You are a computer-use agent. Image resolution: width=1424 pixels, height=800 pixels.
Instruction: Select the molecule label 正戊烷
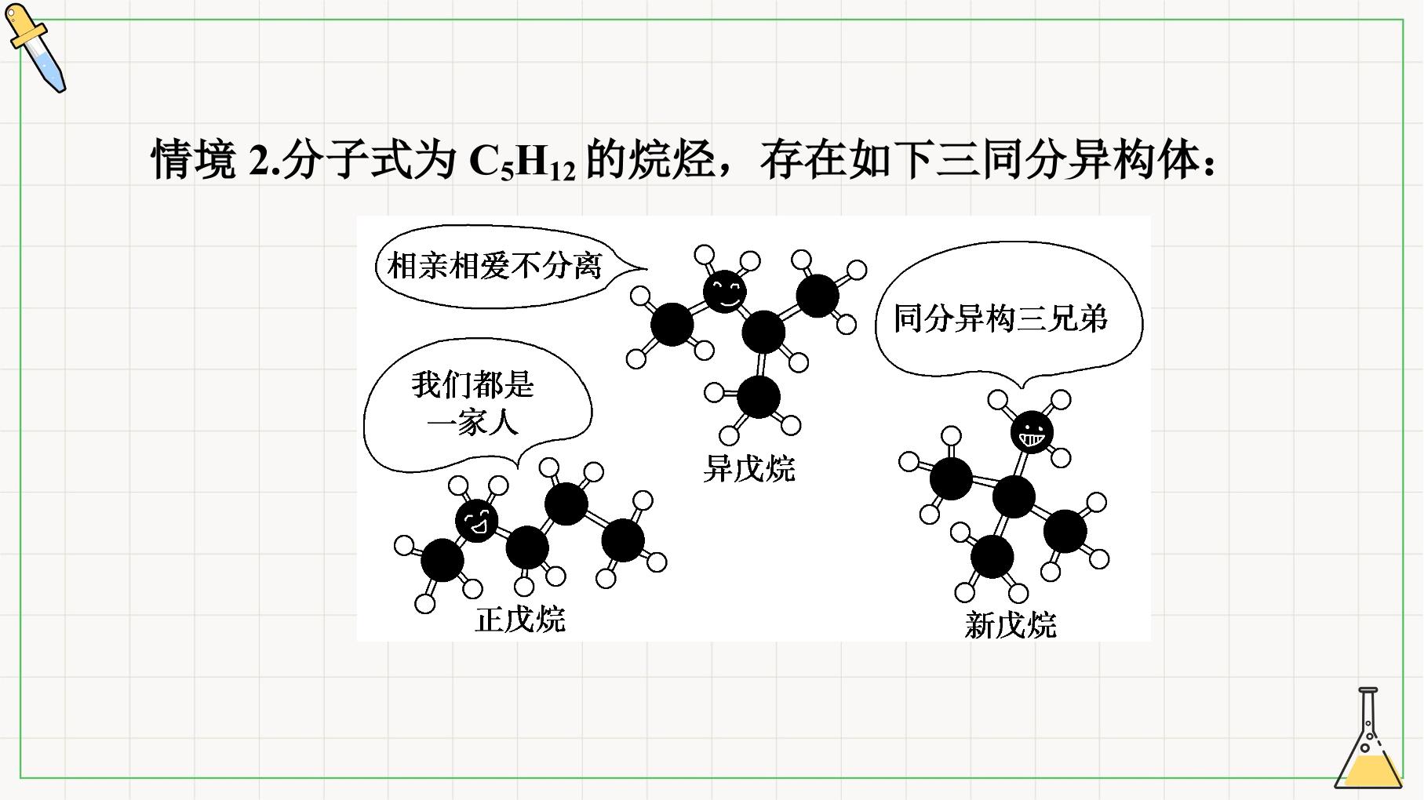coord(520,619)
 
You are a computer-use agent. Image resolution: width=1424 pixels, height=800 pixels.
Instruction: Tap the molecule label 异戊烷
coord(749,468)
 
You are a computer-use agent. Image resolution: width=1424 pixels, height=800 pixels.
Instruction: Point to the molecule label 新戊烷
coord(1011,625)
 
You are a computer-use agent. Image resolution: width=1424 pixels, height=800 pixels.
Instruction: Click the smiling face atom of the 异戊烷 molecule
coord(724,291)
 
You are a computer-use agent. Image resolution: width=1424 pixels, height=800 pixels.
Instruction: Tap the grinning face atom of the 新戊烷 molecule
coord(1032,431)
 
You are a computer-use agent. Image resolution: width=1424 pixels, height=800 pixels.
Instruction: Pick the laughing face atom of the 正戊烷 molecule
coord(477,519)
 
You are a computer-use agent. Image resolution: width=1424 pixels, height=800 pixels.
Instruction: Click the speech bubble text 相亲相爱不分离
coord(494,266)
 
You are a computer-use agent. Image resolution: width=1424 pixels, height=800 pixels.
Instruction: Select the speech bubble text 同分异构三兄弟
coord(1000,318)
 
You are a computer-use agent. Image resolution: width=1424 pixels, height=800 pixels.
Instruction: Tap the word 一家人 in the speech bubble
coord(473,424)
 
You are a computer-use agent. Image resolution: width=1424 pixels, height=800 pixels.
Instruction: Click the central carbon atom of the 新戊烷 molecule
coord(1014,496)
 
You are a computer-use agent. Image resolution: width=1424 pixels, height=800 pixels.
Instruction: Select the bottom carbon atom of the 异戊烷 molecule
coord(759,397)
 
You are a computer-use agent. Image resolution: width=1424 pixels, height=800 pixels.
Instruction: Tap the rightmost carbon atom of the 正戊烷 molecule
coord(623,540)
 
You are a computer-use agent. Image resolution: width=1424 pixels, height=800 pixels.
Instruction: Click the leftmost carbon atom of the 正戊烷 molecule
coord(442,560)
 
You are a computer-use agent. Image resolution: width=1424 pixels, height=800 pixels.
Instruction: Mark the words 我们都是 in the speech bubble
coord(473,385)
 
